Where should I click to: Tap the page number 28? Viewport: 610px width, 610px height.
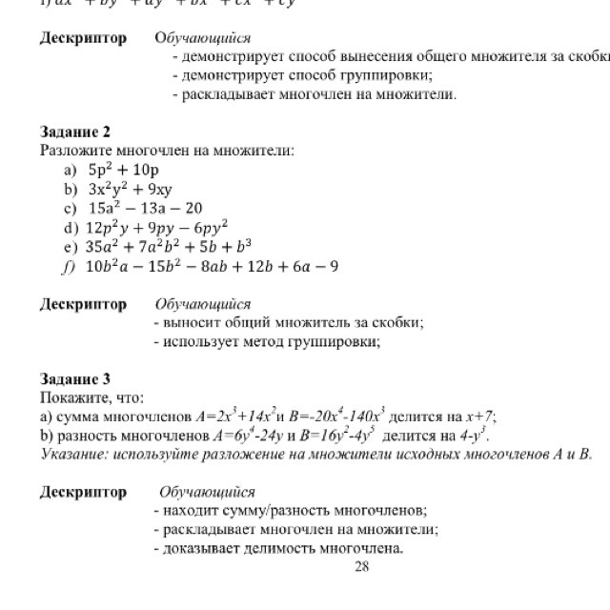point(360,567)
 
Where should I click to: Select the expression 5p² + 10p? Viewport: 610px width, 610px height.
point(123,170)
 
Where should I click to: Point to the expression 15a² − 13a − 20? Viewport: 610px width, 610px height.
point(145,208)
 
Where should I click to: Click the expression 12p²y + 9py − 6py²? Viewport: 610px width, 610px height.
point(157,227)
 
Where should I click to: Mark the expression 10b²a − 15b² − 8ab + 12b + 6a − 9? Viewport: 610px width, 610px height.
point(212,266)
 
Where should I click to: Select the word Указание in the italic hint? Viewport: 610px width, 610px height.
point(74,454)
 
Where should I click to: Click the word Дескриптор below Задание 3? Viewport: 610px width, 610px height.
point(83,492)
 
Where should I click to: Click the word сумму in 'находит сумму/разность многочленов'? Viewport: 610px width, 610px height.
point(239,511)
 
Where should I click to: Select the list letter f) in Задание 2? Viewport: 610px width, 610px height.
point(68,266)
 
